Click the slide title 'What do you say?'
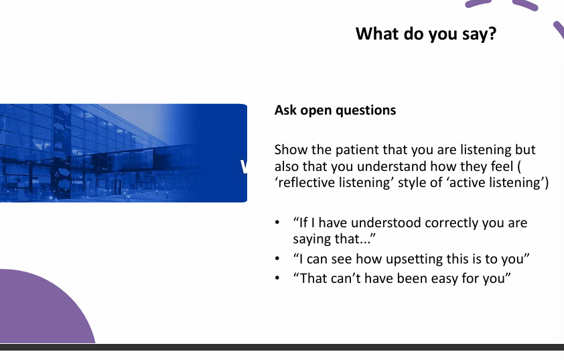(x=425, y=34)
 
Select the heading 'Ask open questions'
(x=335, y=110)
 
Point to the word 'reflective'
(x=308, y=183)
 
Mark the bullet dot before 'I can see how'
(x=277, y=259)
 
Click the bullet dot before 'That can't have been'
(x=277, y=278)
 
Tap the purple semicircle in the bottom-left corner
(x=40, y=312)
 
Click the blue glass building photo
(x=121, y=153)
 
